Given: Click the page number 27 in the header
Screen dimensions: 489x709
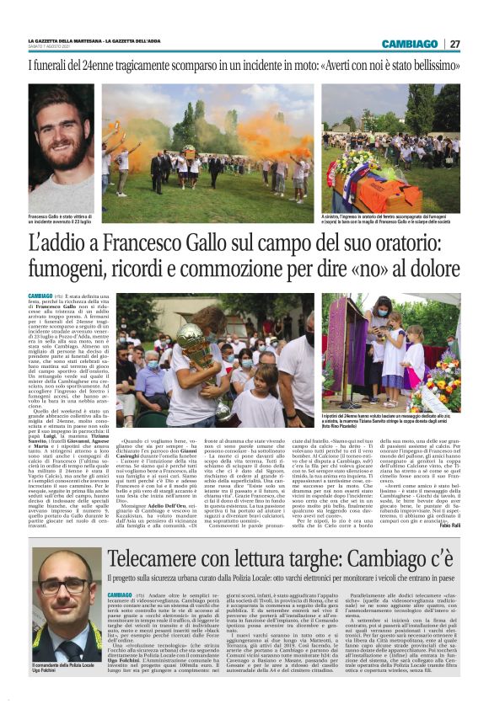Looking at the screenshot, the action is tap(454, 44).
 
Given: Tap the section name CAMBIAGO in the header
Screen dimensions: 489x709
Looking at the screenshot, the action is tap(409, 44).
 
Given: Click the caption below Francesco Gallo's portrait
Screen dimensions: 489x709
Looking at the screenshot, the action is tap(62, 221).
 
